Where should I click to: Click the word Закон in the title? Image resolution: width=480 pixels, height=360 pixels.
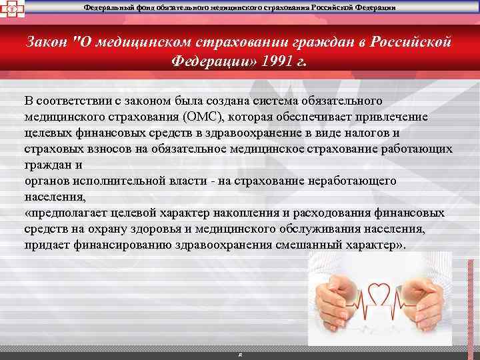47,41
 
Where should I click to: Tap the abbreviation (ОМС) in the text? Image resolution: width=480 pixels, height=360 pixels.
205,117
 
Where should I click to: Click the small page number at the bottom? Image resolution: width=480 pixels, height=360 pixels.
239,354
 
